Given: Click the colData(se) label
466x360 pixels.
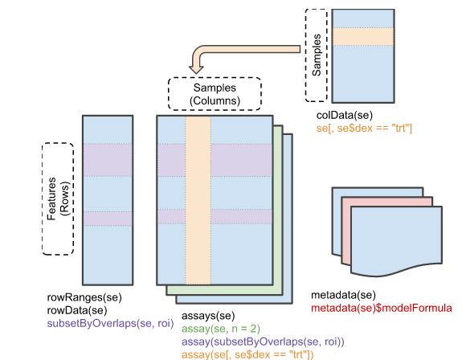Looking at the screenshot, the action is [345, 116].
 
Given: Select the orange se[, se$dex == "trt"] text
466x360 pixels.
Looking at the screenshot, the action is [364, 128].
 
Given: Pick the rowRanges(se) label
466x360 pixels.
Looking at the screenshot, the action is [84, 297].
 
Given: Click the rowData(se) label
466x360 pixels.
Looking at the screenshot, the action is [77, 310].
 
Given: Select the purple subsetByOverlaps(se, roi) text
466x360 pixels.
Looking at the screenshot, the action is [110, 323].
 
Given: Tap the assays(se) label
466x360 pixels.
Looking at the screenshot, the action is [208, 316].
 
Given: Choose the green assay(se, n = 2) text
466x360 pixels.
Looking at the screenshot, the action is [221, 329].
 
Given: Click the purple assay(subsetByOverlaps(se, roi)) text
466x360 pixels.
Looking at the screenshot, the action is [263, 342].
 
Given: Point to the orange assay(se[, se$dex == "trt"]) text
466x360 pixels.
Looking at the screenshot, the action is [247, 354].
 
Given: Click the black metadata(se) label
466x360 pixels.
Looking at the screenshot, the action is [343, 295].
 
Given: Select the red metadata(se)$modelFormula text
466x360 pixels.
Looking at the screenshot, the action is [382, 308].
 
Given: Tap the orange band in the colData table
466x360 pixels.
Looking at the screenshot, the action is [363, 37].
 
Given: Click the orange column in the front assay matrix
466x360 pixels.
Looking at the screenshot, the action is [198, 200].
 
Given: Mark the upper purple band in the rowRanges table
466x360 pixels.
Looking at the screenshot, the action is [108, 160].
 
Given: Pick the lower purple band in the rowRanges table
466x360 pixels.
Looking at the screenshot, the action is [108, 219].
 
